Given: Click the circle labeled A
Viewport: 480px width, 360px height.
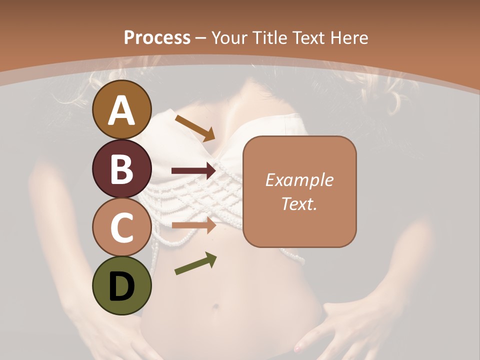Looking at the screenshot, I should tap(122, 109).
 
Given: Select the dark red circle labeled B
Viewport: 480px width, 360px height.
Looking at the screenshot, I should tap(122, 168).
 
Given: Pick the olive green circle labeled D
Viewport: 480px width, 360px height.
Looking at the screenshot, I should tap(122, 286).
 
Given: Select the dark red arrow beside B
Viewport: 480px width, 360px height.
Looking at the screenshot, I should tap(193, 171).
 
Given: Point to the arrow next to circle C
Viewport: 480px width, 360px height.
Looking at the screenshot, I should tap(193, 225).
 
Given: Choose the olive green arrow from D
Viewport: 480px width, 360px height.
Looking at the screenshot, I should tap(195, 263).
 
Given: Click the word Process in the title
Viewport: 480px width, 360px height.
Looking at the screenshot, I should tap(157, 37).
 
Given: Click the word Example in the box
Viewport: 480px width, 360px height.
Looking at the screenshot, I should tap(299, 180).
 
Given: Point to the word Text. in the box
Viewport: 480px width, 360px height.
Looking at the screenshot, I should tap(299, 203).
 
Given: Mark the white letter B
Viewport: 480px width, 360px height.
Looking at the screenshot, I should tap(122, 168).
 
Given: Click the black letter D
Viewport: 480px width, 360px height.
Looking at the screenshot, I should tap(122, 286).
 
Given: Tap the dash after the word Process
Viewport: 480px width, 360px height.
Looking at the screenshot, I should tap(201, 38).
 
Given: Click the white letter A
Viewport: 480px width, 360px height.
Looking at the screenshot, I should tap(122, 109).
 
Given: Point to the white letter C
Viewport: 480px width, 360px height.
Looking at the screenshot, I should tap(122, 227).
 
